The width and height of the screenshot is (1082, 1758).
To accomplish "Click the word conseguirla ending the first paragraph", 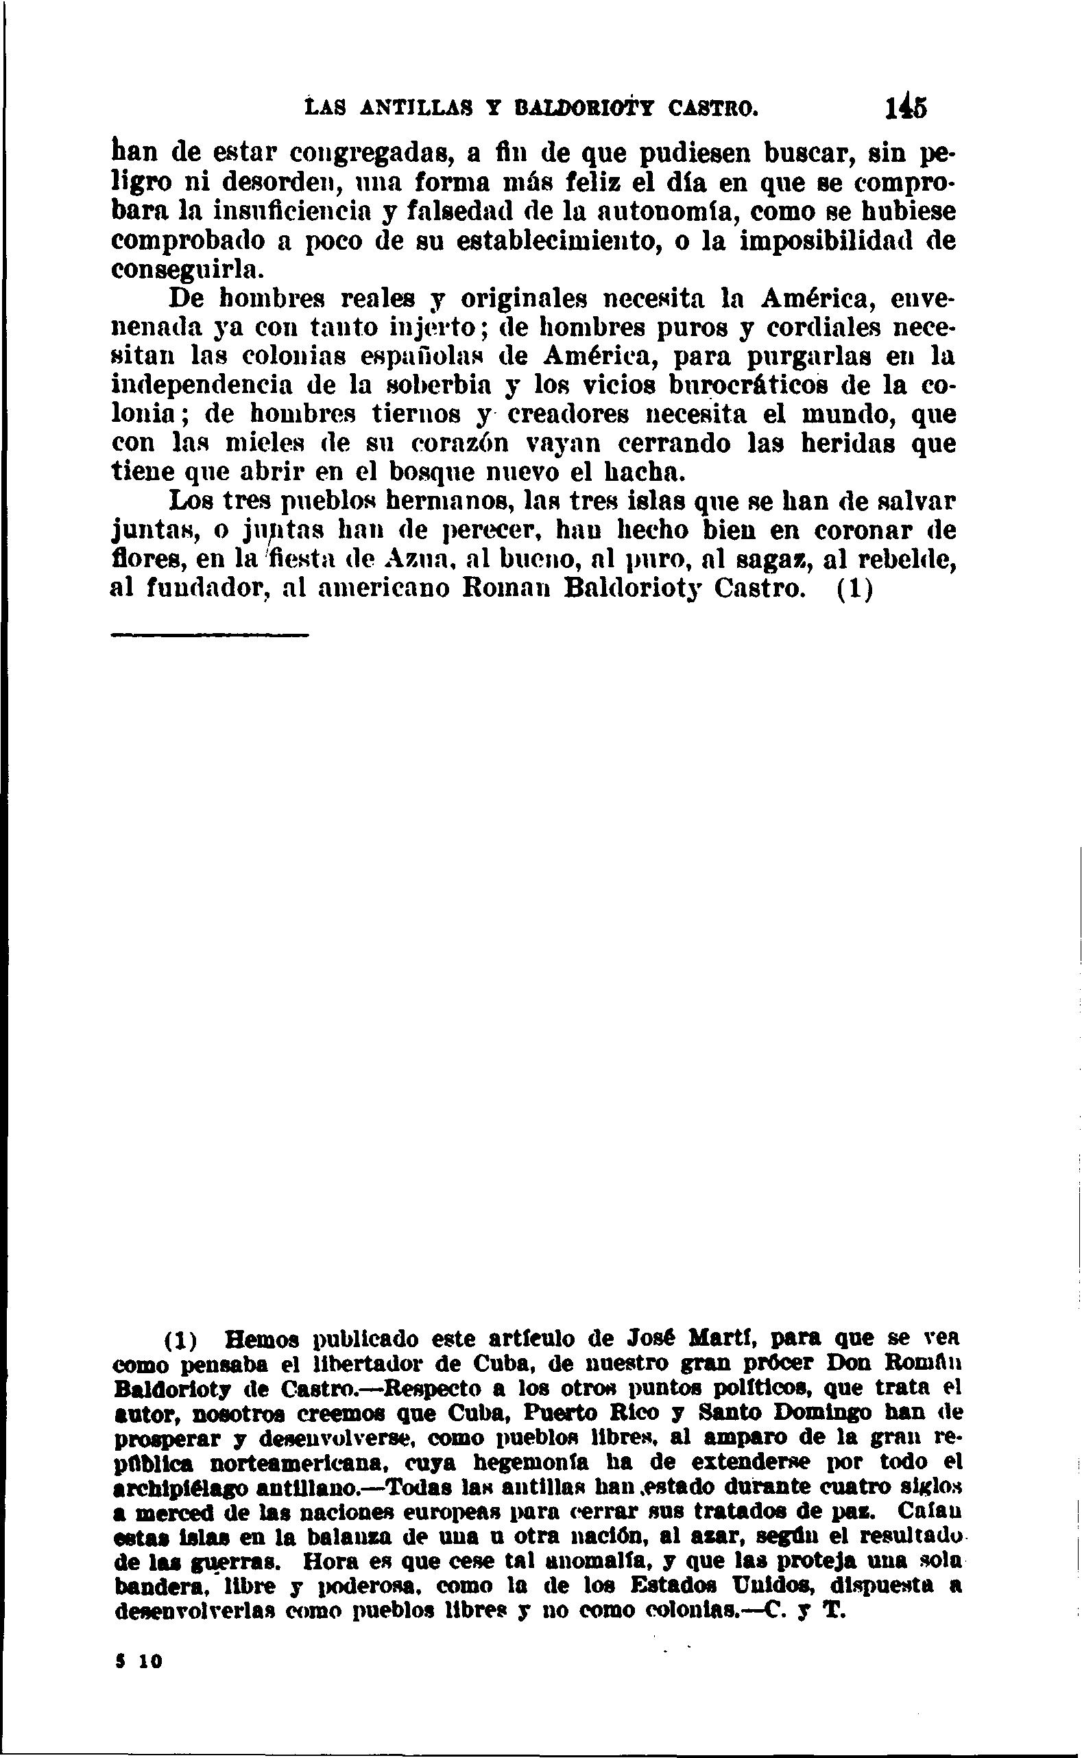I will point(184,270).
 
